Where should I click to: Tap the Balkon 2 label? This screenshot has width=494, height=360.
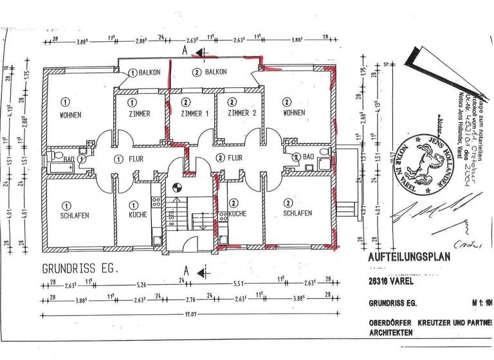[x=210, y=73]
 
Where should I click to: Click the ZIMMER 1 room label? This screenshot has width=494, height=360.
[x=194, y=114]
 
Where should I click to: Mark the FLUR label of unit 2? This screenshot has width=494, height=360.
[x=235, y=158]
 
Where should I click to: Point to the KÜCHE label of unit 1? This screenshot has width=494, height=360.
[x=138, y=214]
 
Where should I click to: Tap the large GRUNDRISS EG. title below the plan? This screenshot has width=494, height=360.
[x=80, y=268]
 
